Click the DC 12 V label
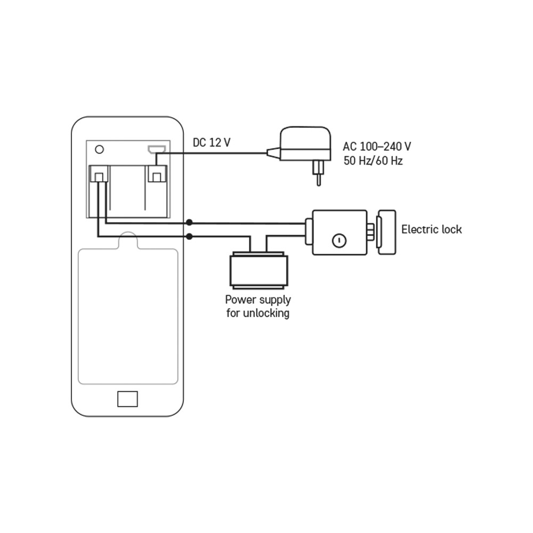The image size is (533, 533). [x=212, y=142]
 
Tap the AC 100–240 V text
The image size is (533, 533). [x=377, y=147]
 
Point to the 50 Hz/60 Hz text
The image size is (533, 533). [x=373, y=160]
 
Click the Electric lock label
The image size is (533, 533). [x=431, y=229]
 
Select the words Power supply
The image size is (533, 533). [x=258, y=300]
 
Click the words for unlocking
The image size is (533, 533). [x=258, y=313]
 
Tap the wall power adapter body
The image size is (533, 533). [x=305, y=143]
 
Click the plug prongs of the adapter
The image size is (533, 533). [x=319, y=173]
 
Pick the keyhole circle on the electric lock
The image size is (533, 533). [x=339, y=241]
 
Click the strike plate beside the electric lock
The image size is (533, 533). [x=386, y=232]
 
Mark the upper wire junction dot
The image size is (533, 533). [x=189, y=223]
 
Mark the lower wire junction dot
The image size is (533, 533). [x=189, y=236]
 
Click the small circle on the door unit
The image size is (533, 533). [x=99, y=149]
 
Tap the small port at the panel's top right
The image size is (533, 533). [x=157, y=149]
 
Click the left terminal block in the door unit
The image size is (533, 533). [x=99, y=174]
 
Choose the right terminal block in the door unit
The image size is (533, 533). [x=157, y=174]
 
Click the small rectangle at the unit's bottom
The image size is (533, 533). [x=127, y=399]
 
